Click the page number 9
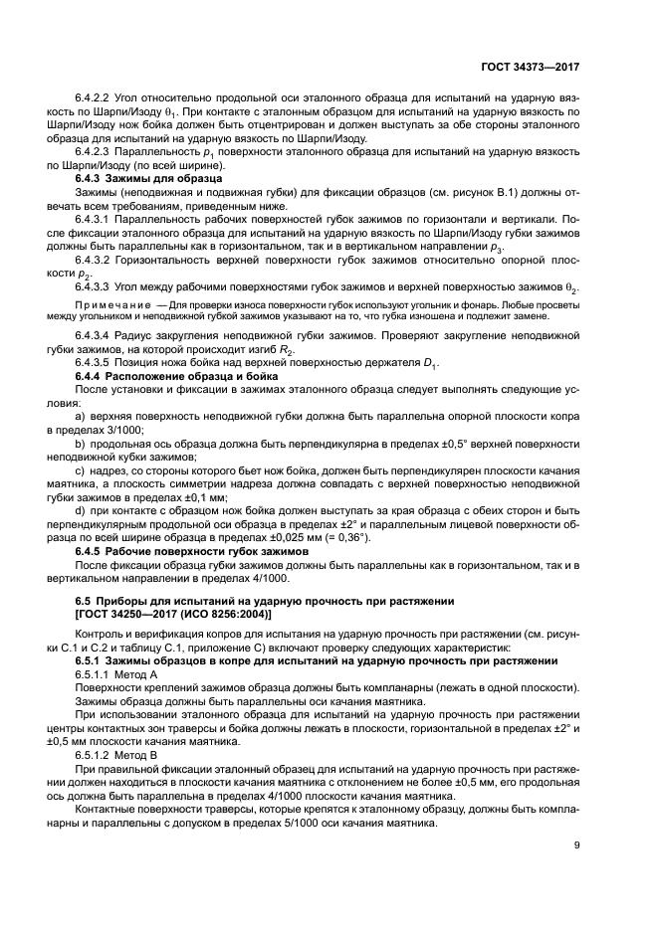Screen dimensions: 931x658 577,846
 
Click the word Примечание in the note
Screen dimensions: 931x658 113,302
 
